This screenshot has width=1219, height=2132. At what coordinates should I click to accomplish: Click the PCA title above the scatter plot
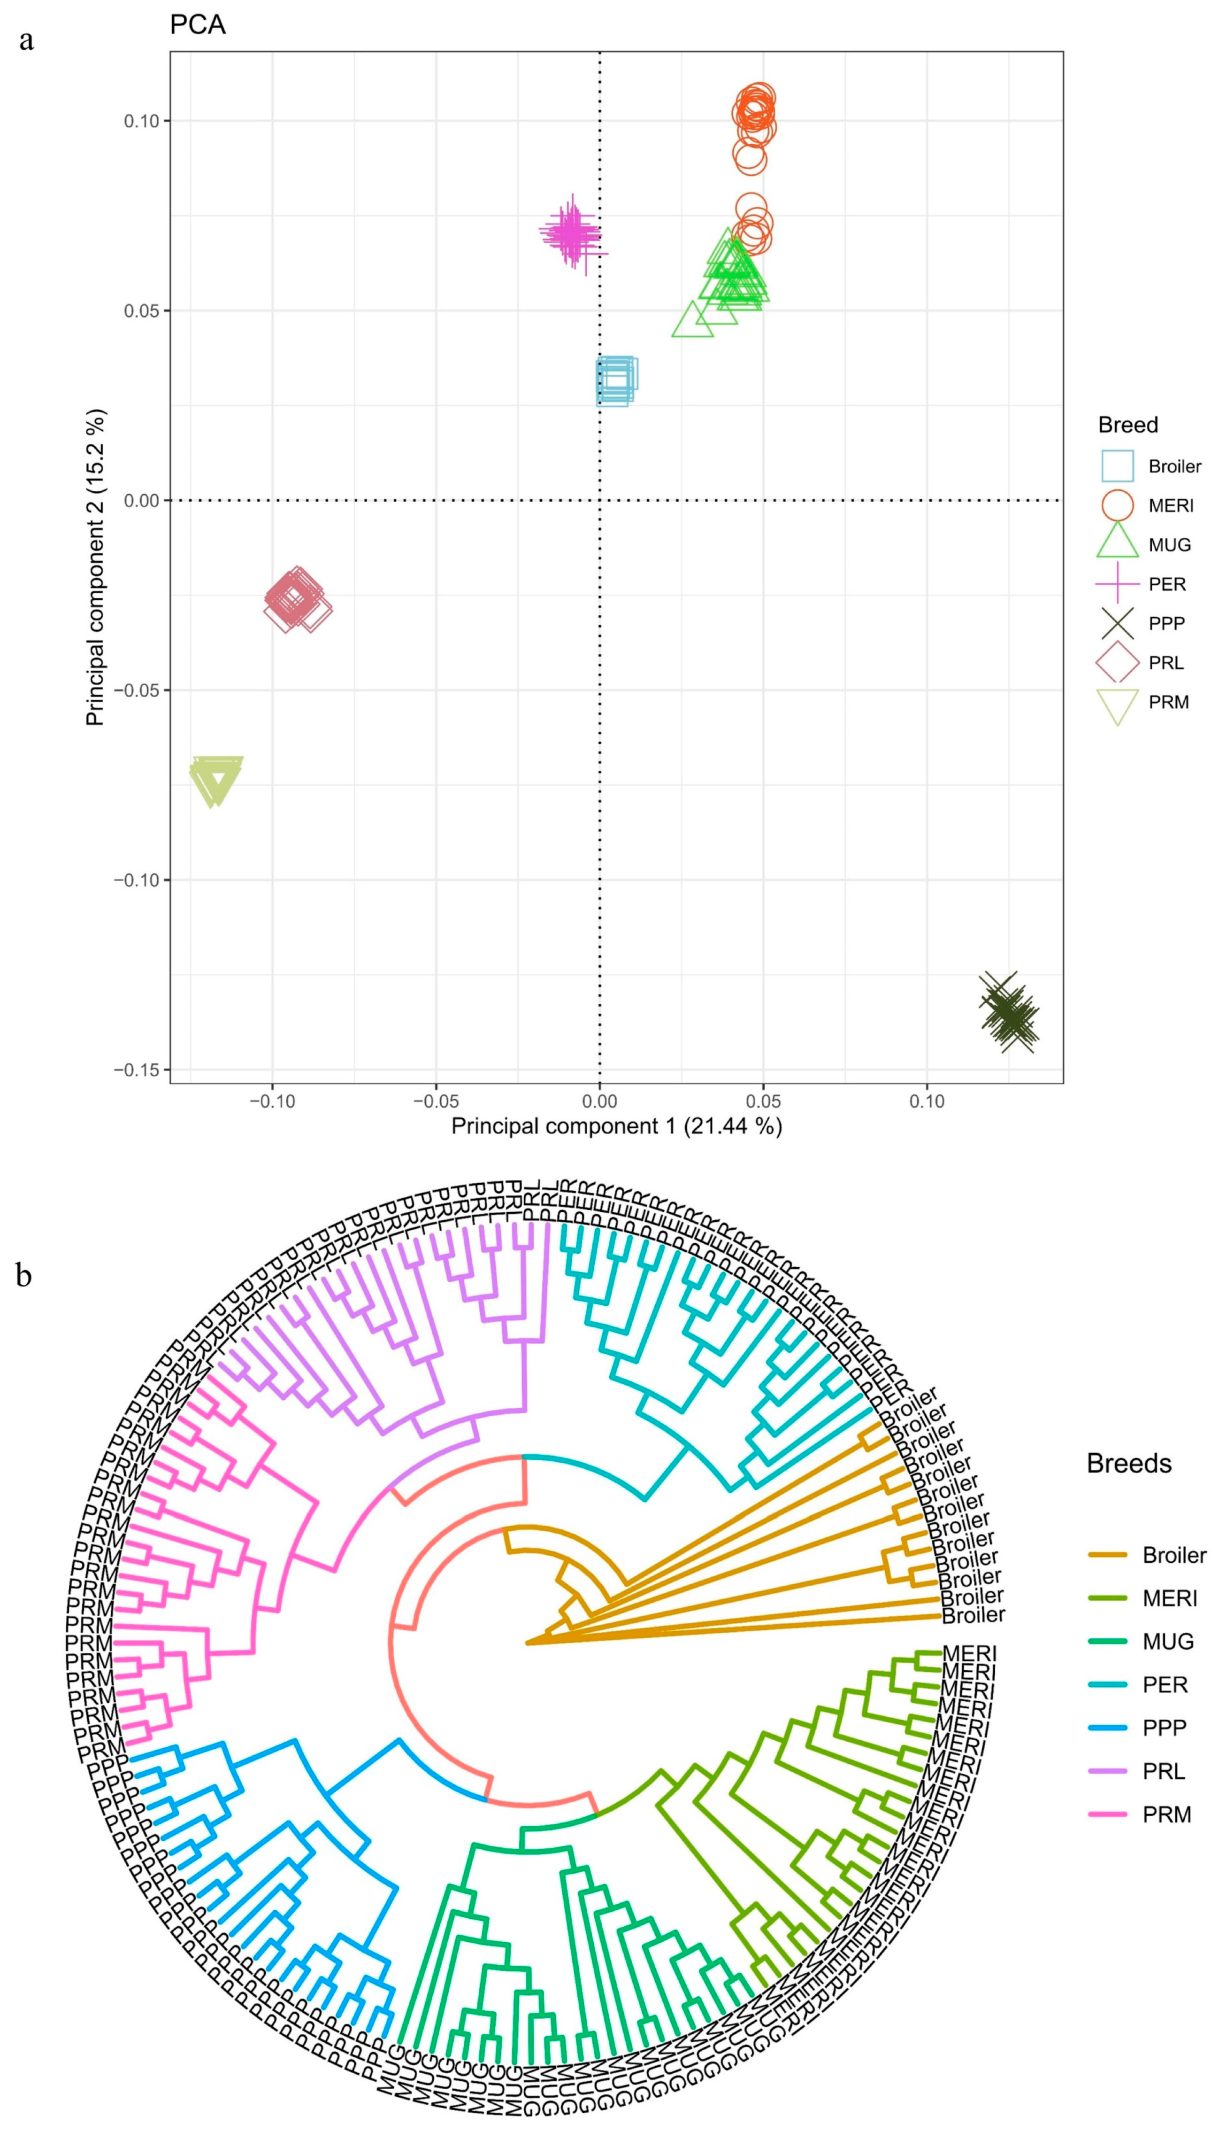pos(198,25)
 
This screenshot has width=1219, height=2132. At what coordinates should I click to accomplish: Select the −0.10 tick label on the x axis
pos(272,1101)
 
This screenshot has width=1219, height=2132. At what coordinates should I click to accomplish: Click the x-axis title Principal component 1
pos(616,1126)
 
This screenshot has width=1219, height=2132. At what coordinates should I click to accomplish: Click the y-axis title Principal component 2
pos(96,567)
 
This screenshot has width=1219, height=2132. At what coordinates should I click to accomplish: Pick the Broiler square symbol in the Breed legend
pos(1117,466)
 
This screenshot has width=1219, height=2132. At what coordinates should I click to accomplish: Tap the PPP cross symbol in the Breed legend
pos(1117,623)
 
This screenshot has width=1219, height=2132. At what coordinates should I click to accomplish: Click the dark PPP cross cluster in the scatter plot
pos(1009,1012)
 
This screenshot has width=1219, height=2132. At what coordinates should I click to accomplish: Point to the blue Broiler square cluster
pos(615,380)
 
